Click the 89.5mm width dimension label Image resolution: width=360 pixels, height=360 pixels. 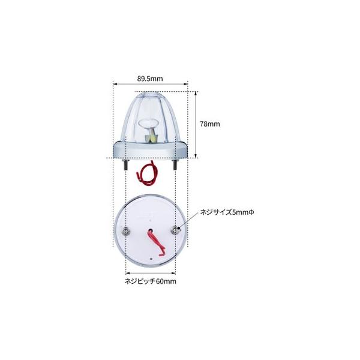150,79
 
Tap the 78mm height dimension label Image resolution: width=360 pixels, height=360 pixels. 210,124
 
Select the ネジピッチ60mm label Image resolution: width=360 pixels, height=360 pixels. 151,281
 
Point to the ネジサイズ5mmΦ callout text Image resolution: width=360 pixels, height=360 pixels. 227,212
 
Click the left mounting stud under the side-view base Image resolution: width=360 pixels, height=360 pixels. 126,164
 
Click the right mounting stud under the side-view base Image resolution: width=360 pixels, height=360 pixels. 175,164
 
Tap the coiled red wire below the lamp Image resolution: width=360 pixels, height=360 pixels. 146,173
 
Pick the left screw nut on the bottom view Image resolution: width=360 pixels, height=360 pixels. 126,231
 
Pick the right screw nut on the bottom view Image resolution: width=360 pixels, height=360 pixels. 176,231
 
